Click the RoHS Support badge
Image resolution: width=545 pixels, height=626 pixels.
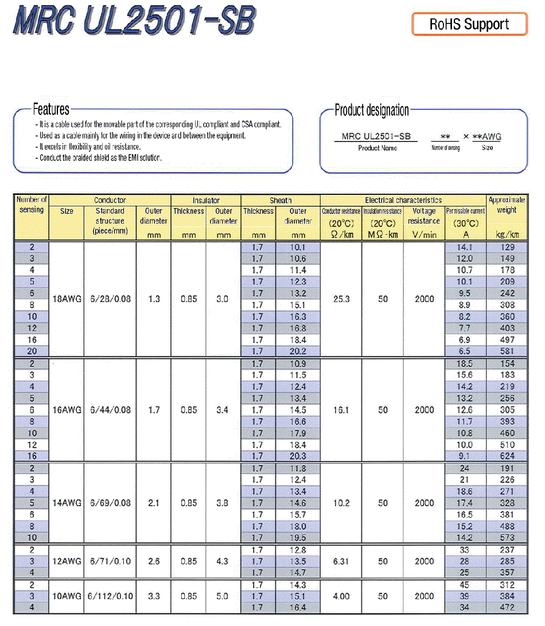469,24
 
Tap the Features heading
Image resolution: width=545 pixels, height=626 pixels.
51,109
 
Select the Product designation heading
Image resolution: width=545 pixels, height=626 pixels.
372,110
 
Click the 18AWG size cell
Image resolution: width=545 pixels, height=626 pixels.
67,299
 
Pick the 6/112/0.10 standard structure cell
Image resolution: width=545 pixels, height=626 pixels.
110,596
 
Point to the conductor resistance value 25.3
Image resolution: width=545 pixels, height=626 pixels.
341,299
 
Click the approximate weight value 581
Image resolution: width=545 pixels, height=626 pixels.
507,351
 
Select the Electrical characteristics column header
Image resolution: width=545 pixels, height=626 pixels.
403,200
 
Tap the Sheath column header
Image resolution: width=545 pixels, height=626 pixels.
281,200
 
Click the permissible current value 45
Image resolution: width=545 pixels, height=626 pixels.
465,585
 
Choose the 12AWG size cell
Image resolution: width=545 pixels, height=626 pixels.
67,561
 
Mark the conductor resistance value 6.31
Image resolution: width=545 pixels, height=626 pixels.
341,561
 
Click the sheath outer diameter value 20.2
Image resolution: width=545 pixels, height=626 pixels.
298,351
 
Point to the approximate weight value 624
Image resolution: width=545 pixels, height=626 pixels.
507,456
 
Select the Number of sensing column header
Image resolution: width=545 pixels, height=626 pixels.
32,205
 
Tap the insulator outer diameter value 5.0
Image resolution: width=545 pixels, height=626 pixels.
224,596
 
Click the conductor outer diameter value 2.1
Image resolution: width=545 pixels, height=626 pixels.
154,503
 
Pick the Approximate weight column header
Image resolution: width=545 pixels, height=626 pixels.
507,205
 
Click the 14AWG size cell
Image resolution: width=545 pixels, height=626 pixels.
67,503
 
